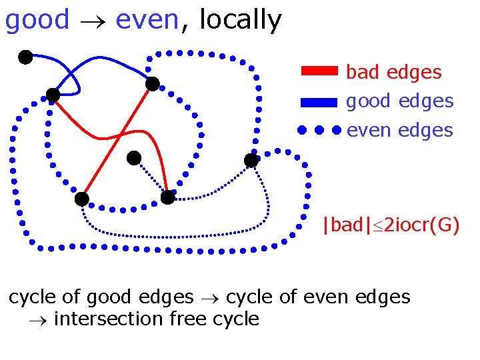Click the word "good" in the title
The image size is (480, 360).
pos(37,20)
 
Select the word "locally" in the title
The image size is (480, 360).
pos(240,20)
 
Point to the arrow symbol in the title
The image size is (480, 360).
pos(92,21)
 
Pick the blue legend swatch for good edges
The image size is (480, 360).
pos(320,102)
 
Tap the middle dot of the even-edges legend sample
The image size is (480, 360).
pos(319,130)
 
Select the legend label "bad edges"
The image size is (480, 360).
pos(393,72)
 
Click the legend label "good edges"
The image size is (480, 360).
pos(399,101)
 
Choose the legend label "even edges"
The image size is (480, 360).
pos(399,130)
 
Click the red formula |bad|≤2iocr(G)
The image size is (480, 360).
pos(390,225)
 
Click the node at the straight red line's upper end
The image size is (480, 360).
pos(153,84)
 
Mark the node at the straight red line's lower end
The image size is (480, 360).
pos(81,199)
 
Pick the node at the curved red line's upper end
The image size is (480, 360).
pos(53,96)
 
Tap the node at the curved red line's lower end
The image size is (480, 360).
pos(167,197)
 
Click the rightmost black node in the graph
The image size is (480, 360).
pos(251,161)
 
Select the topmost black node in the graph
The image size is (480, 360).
pos(25,57)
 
